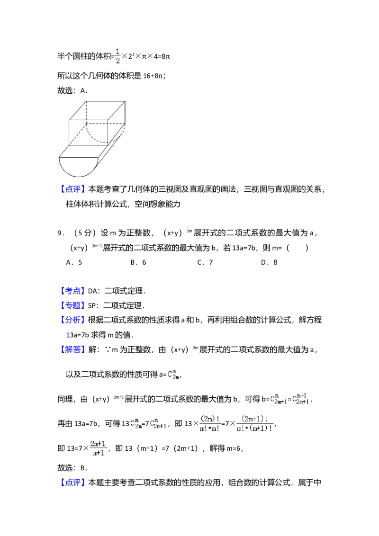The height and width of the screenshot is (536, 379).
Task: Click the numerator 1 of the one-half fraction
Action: click(x=117, y=51)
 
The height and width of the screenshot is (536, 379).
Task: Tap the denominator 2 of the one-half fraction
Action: click(x=117, y=60)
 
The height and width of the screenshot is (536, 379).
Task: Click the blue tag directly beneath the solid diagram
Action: click(x=73, y=189)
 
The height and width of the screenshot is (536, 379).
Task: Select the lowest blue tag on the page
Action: click(x=73, y=483)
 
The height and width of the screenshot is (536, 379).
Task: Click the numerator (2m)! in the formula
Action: click(x=209, y=419)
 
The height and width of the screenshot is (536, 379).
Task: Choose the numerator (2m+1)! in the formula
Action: click(x=255, y=419)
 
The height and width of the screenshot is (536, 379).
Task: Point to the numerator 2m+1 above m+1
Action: click(x=99, y=443)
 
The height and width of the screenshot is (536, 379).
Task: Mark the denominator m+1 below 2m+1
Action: click(x=99, y=453)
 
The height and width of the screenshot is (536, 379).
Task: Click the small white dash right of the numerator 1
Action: click(x=126, y=51)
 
